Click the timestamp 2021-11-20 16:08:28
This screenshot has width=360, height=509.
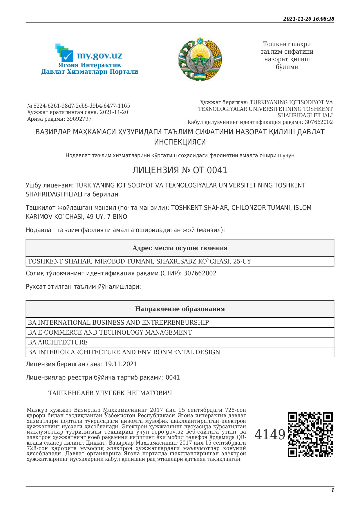click(x=309, y=19)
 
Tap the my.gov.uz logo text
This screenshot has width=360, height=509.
click(x=99, y=55)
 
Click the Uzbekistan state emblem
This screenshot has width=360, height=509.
click(x=200, y=59)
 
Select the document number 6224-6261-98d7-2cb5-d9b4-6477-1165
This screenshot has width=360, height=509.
click(x=82, y=106)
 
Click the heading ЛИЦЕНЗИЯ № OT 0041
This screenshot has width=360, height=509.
click(x=180, y=170)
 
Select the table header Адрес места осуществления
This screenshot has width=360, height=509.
click(x=180, y=248)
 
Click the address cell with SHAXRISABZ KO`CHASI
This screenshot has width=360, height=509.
click(x=139, y=261)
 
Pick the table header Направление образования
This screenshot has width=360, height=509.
click(x=180, y=309)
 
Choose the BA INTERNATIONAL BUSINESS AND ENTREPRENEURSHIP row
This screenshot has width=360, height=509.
click(x=118, y=323)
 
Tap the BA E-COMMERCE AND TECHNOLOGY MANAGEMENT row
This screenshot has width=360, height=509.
click(x=110, y=333)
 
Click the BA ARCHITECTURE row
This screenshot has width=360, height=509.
click(x=58, y=342)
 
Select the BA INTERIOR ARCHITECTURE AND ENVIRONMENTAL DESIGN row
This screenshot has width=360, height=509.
click(x=124, y=352)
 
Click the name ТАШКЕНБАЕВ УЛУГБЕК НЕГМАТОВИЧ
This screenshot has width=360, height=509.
click(x=110, y=393)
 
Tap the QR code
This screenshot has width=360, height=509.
click(x=310, y=434)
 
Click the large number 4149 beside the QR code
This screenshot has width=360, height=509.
click(x=270, y=435)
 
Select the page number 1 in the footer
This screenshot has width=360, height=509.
click(x=332, y=490)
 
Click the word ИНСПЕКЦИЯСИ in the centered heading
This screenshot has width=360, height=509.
click(x=180, y=142)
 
